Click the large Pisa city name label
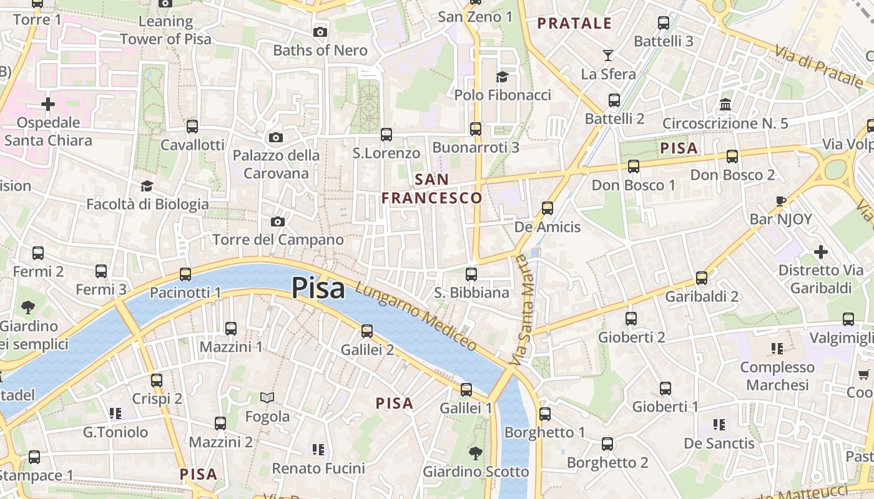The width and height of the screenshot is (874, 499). pyautogui.click(x=318, y=288)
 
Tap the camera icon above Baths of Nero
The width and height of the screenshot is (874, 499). pyautogui.click(x=320, y=32)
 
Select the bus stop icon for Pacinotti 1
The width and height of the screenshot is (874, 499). pyautogui.click(x=185, y=274)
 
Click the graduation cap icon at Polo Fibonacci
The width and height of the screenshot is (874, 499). pyautogui.click(x=502, y=77)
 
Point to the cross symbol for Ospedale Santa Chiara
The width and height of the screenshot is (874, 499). pyautogui.click(x=48, y=104)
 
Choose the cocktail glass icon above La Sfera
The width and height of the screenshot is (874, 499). pyautogui.click(x=607, y=56)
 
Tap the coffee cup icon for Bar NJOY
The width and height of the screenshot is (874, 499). pyautogui.click(x=780, y=201)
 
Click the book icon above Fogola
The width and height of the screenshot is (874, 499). pyautogui.click(x=267, y=397)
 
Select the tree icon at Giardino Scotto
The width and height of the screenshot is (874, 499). pyautogui.click(x=475, y=453)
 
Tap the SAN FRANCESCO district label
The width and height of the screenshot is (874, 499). pyautogui.click(x=432, y=189)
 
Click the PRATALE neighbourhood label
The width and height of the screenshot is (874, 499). pyautogui.click(x=574, y=24)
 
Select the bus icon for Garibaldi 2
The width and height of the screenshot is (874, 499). pyautogui.click(x=702, y=278)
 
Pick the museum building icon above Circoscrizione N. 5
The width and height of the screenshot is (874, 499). pyautogui.click(x=725, y=104)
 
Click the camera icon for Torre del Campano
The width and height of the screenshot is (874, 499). pyautogui.click(x=278, y=221)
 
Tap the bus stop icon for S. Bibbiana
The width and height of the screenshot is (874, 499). pyautogui.click(x=471, y=274)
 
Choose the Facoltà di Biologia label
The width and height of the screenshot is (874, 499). pyautogui.click(x=147, y=204)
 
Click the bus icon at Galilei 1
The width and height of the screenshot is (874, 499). pyautogui.click(x=466, y=390)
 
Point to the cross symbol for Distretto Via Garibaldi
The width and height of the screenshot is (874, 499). pyautogui.click(x=821, y=252)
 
